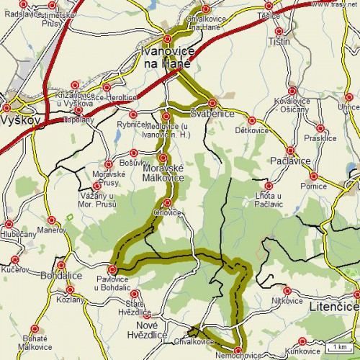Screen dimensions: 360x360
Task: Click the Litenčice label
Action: coord(333,307)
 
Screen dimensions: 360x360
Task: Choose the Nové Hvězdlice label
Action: coord(146,330)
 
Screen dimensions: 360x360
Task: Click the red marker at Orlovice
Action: coord(168,202)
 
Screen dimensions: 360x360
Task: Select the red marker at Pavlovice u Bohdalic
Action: coord(112,269)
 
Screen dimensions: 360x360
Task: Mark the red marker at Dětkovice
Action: coord(251,120)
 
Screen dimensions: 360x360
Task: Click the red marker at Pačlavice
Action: coord(290,150)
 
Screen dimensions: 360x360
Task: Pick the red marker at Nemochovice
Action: coord(238,351)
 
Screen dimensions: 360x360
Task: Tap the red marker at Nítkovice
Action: coord(287,291)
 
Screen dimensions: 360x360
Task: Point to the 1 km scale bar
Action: coord(338,348)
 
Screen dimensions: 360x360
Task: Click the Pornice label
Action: coord(314,186)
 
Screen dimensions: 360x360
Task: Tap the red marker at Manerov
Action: coord(51,220)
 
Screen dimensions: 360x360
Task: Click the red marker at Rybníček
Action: coord(132,114)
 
